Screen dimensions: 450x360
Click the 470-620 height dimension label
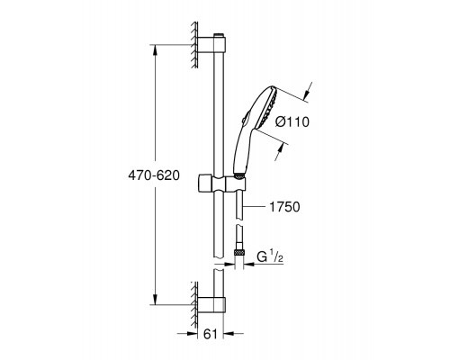pos(154,175)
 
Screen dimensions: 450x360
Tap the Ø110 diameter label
pos(292,121)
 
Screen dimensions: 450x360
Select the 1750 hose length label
pos(284,207)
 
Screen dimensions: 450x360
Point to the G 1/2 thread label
pos(270,257)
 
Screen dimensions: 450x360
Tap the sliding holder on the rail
pos(222,183)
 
